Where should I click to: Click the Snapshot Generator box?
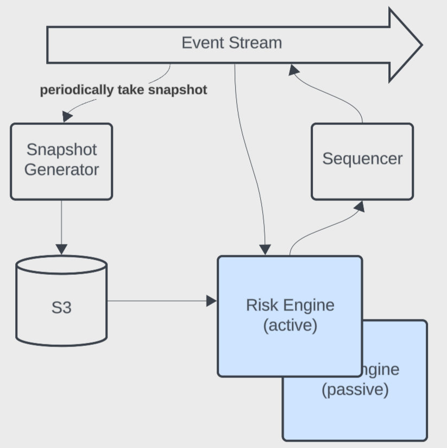tap(61, 161)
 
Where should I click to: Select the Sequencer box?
tap(362, 161)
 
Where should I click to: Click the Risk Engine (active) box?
tap(289, 315)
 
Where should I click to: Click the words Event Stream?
tap(232, 43)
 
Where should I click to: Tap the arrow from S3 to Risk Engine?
tap(158, 300)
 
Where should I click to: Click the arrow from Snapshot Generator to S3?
tap(61, 223)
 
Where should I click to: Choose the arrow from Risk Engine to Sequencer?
tap(320, 228)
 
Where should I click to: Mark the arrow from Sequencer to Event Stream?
tap(337, 98)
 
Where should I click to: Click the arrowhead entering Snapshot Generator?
tap(67, 116)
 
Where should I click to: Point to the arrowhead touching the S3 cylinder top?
tap(61, 249)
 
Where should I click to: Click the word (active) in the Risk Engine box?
tap(289, 326)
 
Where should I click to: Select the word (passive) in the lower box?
tap(355, 390)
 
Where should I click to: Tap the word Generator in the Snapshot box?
tap(61, 169)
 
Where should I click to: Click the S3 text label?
tap(61, 308)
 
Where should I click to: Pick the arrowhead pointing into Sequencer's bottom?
tap(358, 206)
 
